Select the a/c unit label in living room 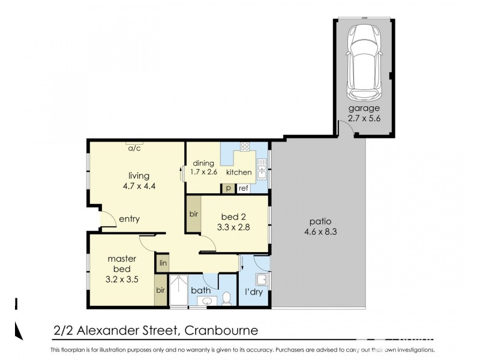(x=134, y=148)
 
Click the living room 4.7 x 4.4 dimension (x=139, y=185)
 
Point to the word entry (x=129, y=219)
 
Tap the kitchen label (x=239, y=173)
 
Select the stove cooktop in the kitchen (x=245, y=146)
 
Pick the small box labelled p (x=229, y=188)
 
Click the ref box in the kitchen (x=243, y=188)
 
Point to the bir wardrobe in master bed (x=161, y=290)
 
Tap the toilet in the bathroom (x=226, y=298)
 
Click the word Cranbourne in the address (x=222, y=330)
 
